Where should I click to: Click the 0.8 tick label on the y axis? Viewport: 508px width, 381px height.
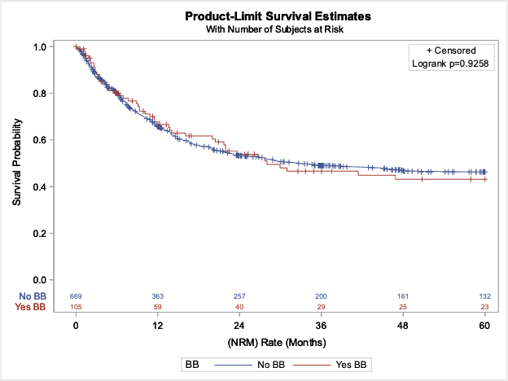coord(38,94)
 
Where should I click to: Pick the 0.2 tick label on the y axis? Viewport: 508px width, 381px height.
coord(38,234)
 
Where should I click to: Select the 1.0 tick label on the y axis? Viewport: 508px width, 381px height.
coord(38,47)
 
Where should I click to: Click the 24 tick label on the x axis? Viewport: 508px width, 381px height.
coord(239,325)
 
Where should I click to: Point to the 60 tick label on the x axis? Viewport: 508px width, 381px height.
coord(484,325)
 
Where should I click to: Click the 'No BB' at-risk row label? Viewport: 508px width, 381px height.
coord(32,295)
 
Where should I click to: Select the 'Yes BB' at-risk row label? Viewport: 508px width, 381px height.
coord(30,306)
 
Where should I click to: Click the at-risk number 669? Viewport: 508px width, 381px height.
coord(76,295)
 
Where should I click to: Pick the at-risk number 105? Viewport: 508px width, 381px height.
coord(76,306)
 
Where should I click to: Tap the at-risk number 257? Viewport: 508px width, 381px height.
coord(239,295)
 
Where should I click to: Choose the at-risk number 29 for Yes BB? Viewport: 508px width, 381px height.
coord(321,306)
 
